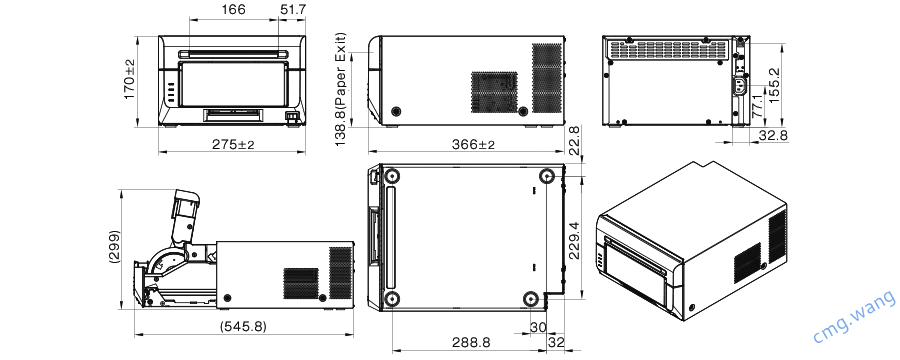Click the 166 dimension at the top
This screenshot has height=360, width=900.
[233, 10]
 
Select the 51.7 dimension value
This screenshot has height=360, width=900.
[294, 10]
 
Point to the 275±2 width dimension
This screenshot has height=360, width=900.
[232, 144]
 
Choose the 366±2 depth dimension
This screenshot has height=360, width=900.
[473, 144]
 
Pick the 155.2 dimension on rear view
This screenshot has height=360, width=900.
[775, 82]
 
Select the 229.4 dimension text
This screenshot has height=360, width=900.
[574, 239]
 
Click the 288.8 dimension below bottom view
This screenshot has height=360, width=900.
[470, 342]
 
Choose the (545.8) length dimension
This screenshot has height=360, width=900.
[242, 326]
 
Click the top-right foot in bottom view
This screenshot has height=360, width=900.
[546, 177]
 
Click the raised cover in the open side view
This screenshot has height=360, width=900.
[187, 211]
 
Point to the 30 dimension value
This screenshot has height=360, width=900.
[537, 327]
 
